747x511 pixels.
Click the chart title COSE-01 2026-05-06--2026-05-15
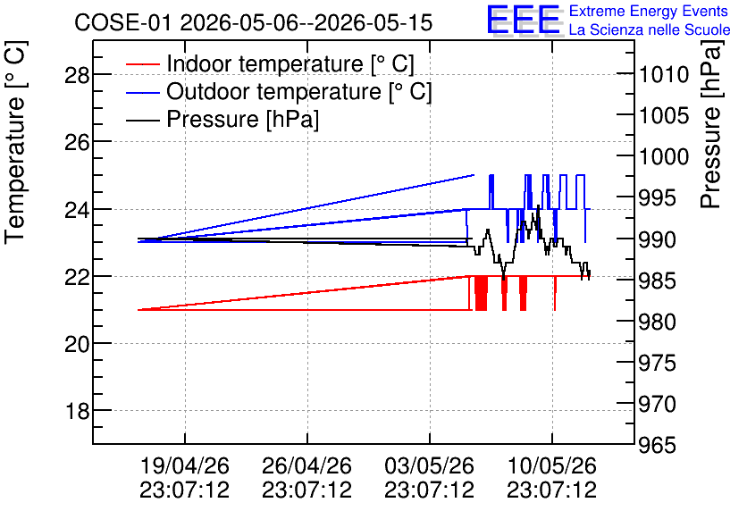[254, 23]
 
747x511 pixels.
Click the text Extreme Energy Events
[649, 11]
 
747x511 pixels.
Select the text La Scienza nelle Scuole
[650, 29]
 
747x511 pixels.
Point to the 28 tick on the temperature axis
[77, 75]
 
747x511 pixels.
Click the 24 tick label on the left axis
[77, 209]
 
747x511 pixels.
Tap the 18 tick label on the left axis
[77, 411]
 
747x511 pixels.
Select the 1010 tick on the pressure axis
[664, 75]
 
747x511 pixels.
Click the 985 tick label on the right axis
[657, 281]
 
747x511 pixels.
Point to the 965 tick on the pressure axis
[657, 445]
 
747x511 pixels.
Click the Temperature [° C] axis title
[15, 143]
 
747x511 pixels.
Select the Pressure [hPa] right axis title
[712, 124]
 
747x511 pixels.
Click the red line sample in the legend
[142, 63]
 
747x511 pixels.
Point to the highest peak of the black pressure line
[538, 205]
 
